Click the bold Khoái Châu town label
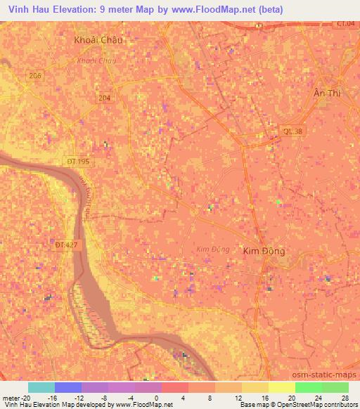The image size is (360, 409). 98,40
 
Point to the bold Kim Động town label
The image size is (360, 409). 264,250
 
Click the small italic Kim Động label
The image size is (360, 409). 212,249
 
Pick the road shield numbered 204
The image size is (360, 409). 105,98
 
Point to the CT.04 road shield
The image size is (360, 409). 345,24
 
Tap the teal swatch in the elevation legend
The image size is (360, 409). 41,387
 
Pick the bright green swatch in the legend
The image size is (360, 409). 308,387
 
